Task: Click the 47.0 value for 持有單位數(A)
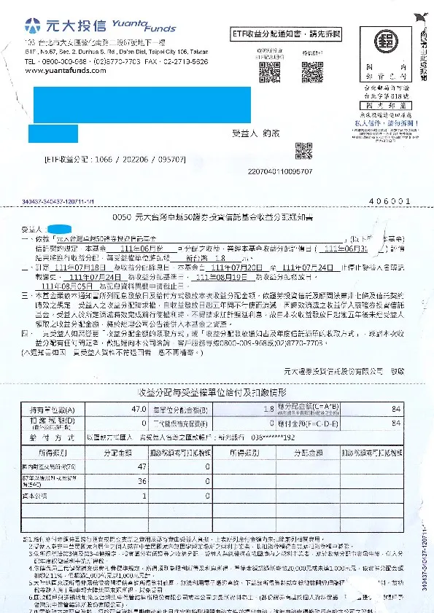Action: pos(139,410)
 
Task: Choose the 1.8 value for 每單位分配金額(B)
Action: pos(267,410)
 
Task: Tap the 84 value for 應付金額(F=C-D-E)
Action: pos(396,423)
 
